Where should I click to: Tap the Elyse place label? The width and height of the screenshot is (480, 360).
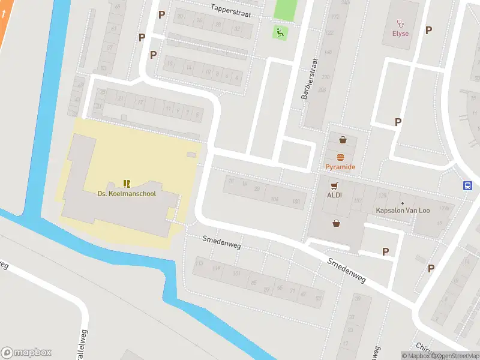click(401, 34)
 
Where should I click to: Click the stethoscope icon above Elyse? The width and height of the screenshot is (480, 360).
click(401, 23)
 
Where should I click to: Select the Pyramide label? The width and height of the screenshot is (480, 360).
click(341, 167)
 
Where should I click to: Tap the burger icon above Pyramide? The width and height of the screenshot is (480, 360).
click(341, 157)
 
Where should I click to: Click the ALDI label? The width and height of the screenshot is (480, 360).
click(334, 195)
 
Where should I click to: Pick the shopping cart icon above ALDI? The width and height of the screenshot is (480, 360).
click(334, 185)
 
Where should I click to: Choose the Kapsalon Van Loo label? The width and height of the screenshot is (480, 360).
click(402, 211)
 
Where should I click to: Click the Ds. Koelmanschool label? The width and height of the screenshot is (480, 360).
click(127, 194)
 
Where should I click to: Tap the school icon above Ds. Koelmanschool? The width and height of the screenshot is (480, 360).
click(127, 183)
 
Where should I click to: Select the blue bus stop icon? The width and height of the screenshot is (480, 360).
click(467, 186)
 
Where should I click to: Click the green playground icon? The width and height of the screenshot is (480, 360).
click(279, 31)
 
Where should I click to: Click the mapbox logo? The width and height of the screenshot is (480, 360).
click(26, 352)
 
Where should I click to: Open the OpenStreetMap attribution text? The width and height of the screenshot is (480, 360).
click(457, 356)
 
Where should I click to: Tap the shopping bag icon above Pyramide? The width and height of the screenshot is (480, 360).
click(343, 140)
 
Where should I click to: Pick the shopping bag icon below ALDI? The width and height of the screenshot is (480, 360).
click(337, 224)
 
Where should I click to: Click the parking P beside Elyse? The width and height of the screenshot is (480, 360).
click(428, 30)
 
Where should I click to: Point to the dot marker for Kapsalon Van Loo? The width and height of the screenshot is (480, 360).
click(402, 203)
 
